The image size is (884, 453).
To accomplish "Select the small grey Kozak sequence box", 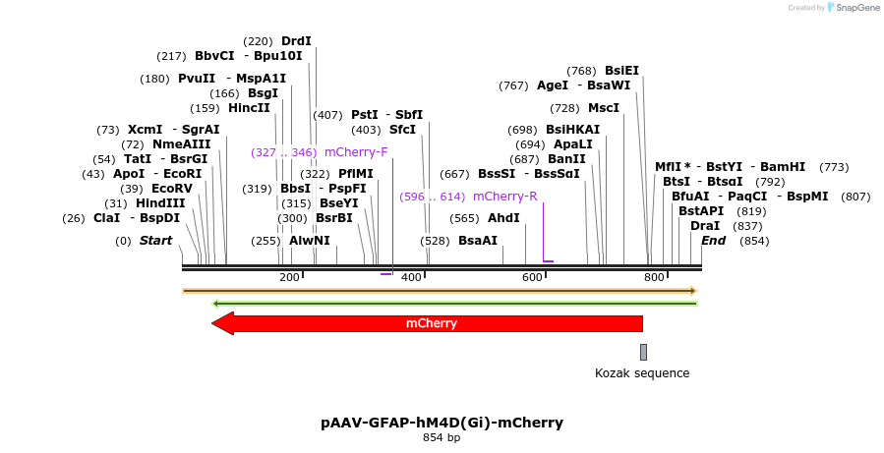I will [x=643, y=352].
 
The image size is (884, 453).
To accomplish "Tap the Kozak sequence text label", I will [x=642, y=373].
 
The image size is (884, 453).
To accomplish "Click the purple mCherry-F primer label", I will [x=356, y=152].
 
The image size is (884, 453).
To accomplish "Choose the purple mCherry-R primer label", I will [x=504, y=197].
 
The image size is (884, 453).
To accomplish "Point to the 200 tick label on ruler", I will [x=289, y=278].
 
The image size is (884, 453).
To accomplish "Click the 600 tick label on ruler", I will [x=533, y=278].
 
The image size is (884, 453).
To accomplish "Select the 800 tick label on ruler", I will [x=655, y=278].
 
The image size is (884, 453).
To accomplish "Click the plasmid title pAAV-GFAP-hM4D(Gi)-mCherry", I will [x=442, y=423].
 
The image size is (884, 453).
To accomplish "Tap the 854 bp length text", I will [x=442, y=438].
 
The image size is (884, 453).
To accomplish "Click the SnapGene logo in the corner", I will [x=853, y=8].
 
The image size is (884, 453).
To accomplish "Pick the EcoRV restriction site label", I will [x=171, y=189].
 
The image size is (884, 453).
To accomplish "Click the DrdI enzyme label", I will [x=296, y=41].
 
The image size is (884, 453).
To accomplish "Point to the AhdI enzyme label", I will [x=503, y=218].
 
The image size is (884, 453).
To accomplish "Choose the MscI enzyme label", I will [x=604, y=108].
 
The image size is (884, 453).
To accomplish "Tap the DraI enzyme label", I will [x=705, y=226].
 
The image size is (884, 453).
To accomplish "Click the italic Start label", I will [x=155, y=241].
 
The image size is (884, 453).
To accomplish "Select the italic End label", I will [x=713, y=241].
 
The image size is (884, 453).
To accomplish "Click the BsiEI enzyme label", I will [x=621, y=71].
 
